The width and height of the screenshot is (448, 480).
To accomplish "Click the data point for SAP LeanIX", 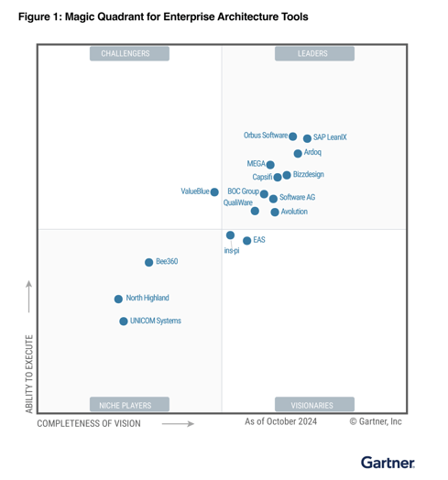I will coord(307,138).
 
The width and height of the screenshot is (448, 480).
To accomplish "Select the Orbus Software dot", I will coord(292,136).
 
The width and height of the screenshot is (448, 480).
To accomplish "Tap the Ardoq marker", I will coord(298,153).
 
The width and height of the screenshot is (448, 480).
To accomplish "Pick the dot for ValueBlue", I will coord(214,191).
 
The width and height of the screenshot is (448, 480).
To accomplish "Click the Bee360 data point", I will coord(148,262).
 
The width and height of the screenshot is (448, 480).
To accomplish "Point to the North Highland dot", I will coord(118,299).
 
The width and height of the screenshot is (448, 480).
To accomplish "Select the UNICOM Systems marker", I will coord(124,322).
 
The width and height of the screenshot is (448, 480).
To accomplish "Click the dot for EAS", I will coord(246,241).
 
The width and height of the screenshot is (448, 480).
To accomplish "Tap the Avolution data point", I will coord(275,212).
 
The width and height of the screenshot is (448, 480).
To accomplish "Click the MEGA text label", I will coord(256,165).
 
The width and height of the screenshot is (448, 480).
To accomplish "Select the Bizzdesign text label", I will coord(309,174).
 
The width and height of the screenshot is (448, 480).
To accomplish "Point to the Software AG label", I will coord(298,197).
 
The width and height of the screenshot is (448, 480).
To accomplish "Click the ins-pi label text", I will coord(232,251).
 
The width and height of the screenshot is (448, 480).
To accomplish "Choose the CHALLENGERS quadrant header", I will coord(126,53).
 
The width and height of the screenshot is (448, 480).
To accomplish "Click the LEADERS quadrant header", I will coord(313,53).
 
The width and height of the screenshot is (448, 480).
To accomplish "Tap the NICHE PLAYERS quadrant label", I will coord(126,404).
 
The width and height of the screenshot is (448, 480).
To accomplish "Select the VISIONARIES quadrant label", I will coord(313,404).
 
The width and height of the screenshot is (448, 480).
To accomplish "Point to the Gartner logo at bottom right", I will coord(388,463).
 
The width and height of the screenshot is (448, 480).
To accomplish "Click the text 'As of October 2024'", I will coord(280,421).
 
